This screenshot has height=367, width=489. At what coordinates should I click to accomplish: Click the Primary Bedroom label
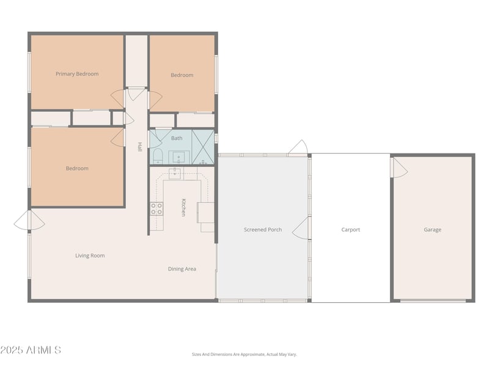click(x=77, y=74)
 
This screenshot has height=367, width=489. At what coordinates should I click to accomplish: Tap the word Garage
click(x=432, y=230)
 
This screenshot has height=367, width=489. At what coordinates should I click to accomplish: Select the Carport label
click(x=350, y=230)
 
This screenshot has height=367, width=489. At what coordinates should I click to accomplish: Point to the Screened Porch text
click(x=263, y=230)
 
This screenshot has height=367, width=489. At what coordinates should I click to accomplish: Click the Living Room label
click(x=90, y=256)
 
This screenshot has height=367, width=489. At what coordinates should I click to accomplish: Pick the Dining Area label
click(x=182, y=269)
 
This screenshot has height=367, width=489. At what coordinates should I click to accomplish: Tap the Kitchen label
click(x=184, y=207)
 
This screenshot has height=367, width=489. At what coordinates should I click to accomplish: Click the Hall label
click(x=140, y=147)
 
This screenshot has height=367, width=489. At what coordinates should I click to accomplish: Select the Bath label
click(x=177, y=138)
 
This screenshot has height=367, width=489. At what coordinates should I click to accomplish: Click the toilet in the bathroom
click(x=158, y=156)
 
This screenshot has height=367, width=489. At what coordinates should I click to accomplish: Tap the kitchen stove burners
click(x=156, y=209)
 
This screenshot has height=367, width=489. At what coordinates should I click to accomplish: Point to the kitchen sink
click(x=175, y=173)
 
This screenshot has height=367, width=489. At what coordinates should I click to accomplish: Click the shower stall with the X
click(x=203, y=147)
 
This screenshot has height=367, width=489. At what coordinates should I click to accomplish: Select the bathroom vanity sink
click(x=179, y=157)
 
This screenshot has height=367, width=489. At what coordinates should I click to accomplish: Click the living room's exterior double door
click(x=29, y=220)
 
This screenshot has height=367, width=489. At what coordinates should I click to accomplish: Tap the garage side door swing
click(x=400, y=168)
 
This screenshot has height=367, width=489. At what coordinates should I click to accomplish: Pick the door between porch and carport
click(x=301, y=228)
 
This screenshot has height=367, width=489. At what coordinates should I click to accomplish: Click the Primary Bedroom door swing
click(x=117, y=98)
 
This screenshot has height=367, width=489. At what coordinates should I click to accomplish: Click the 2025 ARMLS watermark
click(x=31, y=350)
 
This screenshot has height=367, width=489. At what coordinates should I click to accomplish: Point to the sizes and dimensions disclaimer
click(x=244, y=355)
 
